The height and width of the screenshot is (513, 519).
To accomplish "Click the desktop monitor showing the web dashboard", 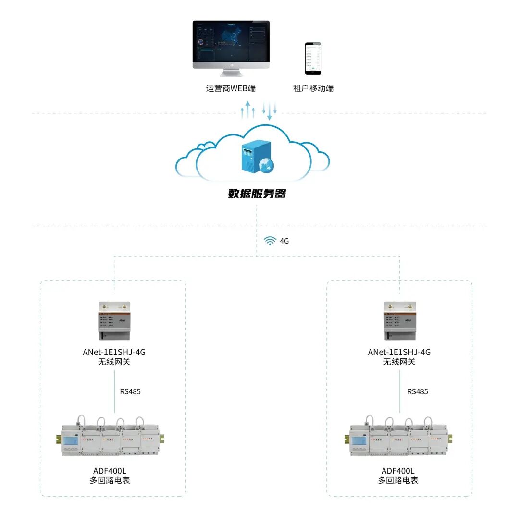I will (231, 44).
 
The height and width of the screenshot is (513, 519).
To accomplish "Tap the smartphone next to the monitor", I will (312, 58).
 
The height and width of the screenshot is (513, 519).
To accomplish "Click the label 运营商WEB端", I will (231, 88).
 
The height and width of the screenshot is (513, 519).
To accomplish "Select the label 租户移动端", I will (313, 88).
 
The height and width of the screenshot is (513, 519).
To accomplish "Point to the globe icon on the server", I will (267, 165).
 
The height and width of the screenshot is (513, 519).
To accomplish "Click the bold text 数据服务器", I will (257, 194).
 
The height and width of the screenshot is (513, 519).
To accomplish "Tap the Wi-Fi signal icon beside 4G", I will (271, 240).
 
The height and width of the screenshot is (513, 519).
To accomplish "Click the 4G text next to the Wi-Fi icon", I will (284, 241).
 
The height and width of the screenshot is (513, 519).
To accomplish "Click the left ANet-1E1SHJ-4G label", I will (114, 352).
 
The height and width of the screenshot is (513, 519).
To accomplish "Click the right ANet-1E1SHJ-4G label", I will (399, 352).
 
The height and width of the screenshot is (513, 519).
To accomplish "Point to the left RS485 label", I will (130, 391).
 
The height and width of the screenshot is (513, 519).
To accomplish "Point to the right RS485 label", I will (418, 391).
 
